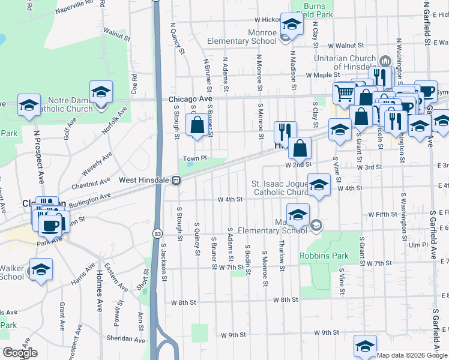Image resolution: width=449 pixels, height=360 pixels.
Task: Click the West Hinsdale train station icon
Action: pos(176,180)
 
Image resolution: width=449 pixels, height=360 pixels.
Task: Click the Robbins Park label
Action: pos(324,256)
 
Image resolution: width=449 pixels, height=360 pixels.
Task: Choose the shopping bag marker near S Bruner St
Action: pos(197,126)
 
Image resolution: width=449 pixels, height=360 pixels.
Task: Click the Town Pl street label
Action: pos(194,158)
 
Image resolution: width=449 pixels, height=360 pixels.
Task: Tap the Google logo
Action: pos(20,353)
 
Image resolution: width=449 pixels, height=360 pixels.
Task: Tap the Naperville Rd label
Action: pos(73,7)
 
